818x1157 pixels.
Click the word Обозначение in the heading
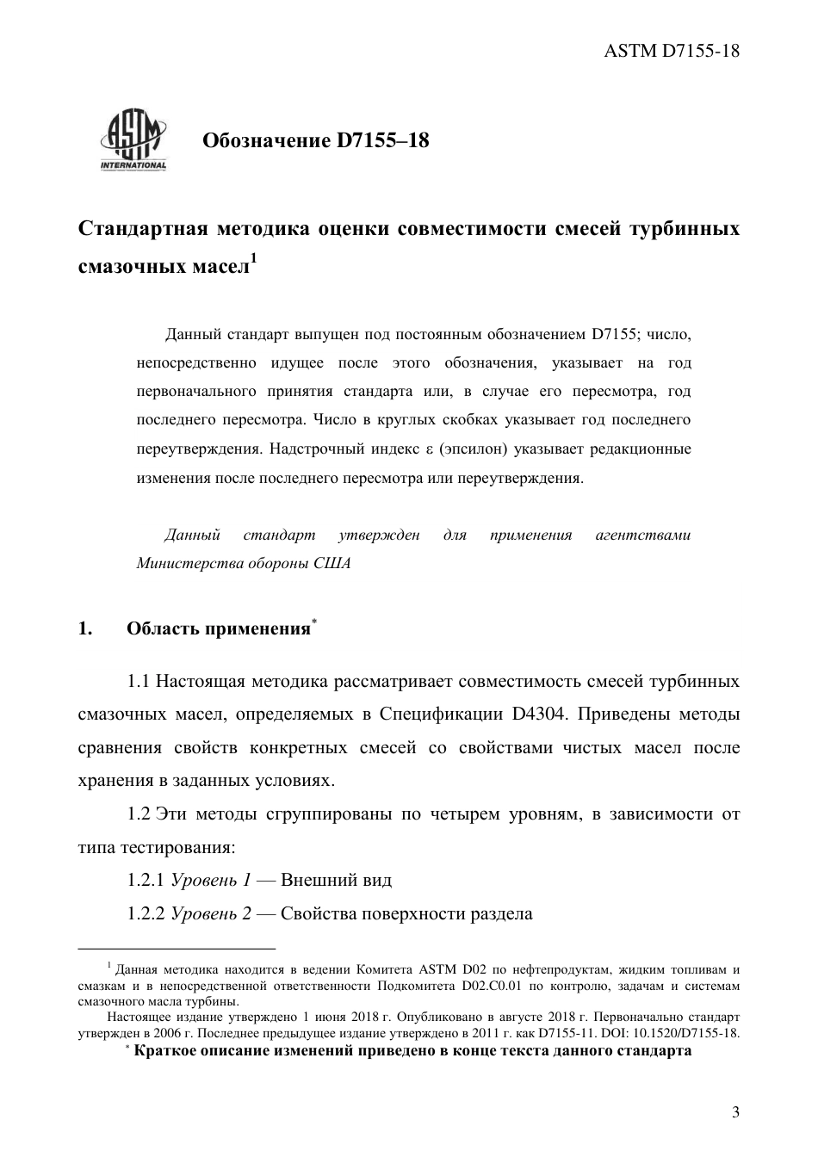[x=260, y=140]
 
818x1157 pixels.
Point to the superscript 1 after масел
[x=254, y=257]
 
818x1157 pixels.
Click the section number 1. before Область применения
[x=84, y=628]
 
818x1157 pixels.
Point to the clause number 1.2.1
[x=146, y=880]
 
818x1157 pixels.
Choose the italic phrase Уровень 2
[x=212, y=913]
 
